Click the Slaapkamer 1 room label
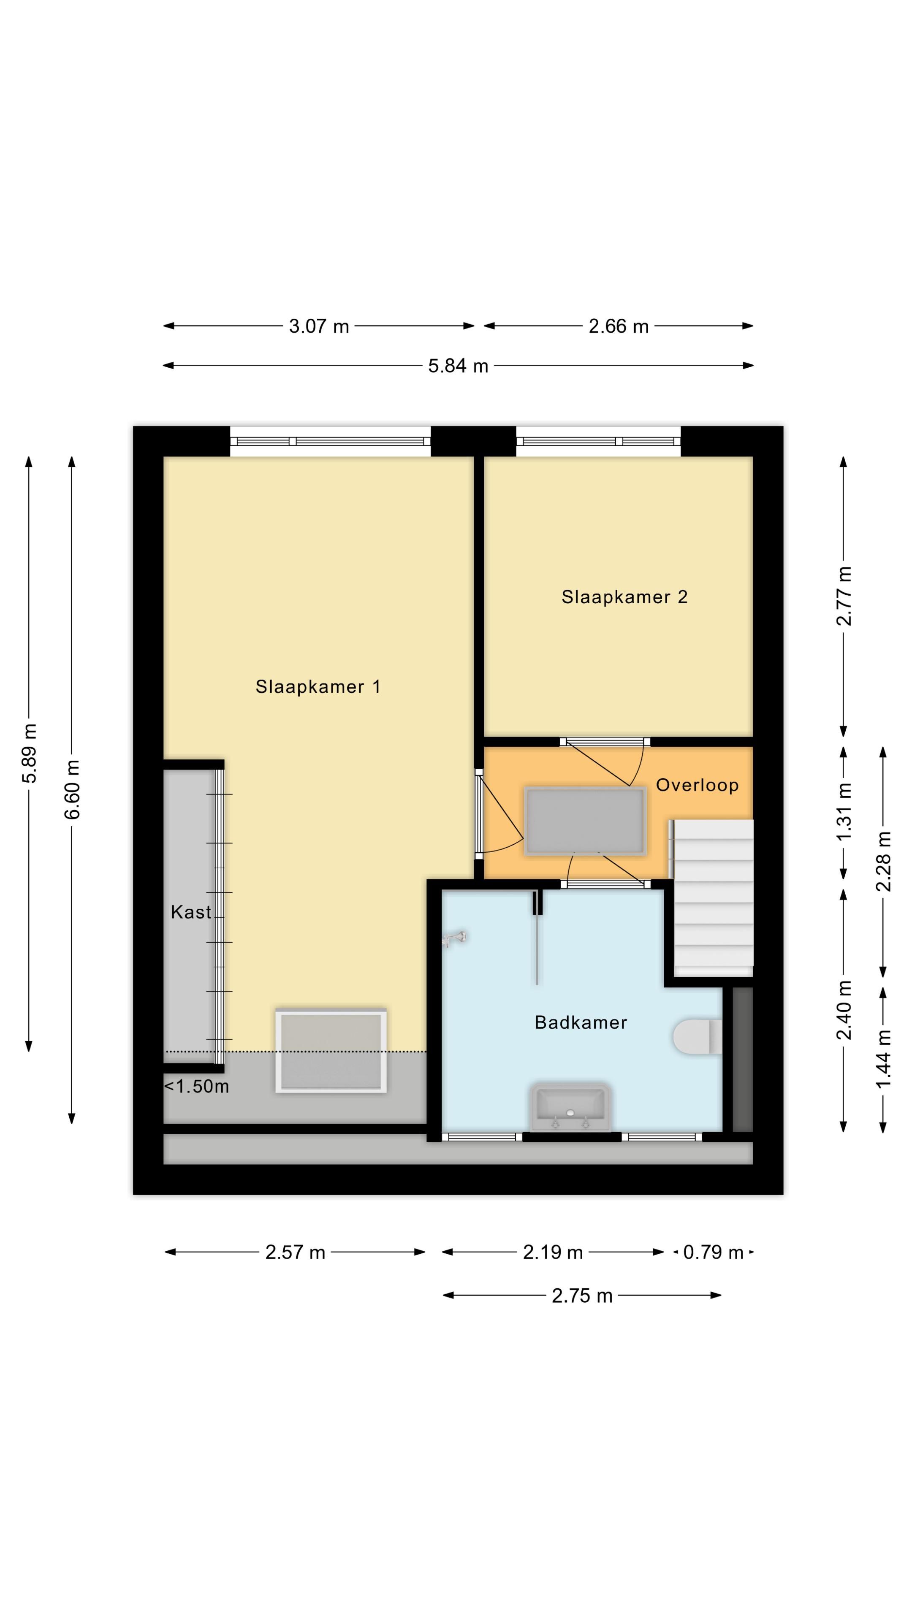coord(318,686)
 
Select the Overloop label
coord(697,785)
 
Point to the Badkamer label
coord(580,1022)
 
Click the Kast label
coord(191,912)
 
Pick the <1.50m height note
coord(196,1086)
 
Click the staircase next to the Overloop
coord(713,899)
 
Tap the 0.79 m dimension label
coord(713,1252)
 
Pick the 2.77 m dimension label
coord(844,596)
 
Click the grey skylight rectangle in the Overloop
coord(585,821)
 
